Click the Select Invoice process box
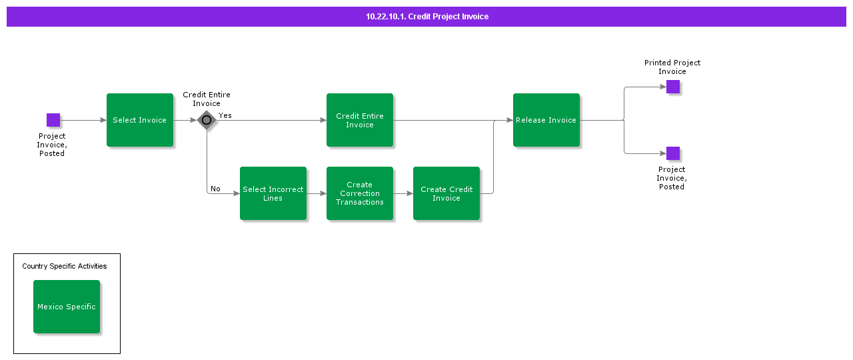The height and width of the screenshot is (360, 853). [140, 120]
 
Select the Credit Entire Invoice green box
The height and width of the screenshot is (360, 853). [360, 120]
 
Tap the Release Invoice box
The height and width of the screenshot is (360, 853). [546, 120]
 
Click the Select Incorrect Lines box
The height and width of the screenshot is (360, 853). [273, 193]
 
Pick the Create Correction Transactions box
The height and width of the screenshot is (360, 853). [360, 193]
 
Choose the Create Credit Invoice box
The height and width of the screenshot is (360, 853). [446, 193]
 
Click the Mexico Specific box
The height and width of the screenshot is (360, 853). [67, 307]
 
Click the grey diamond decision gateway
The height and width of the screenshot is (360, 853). [207, 120]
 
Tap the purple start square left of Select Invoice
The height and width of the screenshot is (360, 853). [53, 120]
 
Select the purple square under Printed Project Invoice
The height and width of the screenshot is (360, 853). [673, 87]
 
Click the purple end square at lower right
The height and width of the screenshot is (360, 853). [673, 153]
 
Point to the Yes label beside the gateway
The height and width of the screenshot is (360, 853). [225, 115]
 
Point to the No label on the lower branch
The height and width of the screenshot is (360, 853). [215, 189]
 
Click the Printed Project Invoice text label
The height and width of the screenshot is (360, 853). [672, 67]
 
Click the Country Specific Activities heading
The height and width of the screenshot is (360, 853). [65, 266]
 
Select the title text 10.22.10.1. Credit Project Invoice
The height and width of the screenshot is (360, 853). [427, 17]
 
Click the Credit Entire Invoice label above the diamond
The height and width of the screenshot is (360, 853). [207, 99]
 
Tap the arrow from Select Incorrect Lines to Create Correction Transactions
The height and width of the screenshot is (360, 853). [317, 193]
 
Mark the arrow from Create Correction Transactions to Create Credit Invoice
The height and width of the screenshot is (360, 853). [403, 193]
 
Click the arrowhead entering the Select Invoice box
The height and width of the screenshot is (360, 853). [103, 120]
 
